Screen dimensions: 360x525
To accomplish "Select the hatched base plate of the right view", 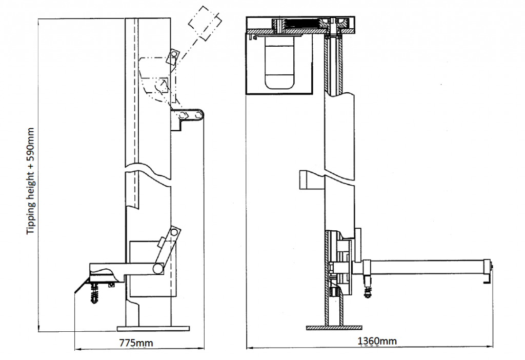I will click(336, 327).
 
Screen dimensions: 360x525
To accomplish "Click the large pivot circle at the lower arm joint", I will click(157, 268).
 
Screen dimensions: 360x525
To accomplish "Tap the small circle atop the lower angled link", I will click(175, 233).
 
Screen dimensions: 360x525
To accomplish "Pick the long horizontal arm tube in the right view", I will click(426, 267).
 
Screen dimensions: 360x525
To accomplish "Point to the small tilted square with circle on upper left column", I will click(172, 56).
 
